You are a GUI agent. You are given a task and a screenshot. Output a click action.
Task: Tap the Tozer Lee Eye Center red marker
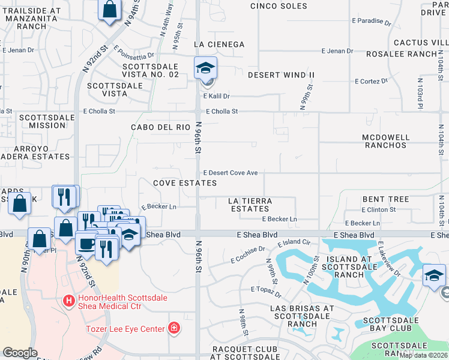coord(173,328)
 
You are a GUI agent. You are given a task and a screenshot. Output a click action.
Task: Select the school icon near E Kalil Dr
coord(205,67)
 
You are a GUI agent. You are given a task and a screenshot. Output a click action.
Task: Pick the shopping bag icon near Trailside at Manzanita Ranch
coord(109,10)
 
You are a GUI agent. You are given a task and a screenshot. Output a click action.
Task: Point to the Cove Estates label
coord(184,182)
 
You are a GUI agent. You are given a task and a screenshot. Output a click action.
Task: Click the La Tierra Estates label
coord(250,205)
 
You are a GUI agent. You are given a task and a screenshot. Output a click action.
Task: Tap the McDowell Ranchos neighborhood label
coord(385,141)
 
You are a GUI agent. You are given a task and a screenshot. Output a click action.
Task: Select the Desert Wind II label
coord(281,75)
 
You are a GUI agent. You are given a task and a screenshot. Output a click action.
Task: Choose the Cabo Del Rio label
coord(161,127)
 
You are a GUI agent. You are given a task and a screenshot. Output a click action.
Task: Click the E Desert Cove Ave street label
coord(231,173)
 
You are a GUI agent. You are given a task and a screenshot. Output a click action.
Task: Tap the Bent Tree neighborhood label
coord(385,199)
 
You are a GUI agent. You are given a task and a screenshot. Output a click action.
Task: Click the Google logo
coord(20,353)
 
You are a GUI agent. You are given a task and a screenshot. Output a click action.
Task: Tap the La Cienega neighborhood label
coord(219,44)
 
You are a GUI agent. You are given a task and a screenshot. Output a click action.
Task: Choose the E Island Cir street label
coord(294,243)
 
